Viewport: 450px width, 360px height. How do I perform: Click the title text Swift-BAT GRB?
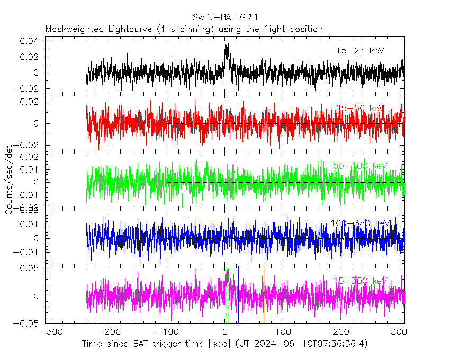coord(225,17)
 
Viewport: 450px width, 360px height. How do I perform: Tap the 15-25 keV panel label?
coord(360,51)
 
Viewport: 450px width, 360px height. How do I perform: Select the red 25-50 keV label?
coord(360,109)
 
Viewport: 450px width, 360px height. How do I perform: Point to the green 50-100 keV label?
coord(360,166)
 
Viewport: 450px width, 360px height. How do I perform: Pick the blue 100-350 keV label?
coord(360,223)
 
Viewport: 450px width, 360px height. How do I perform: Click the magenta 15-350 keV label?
coord(360,281)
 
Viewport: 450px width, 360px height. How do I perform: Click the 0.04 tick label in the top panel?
coord(29,41)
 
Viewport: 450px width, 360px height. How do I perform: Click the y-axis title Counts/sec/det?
coord(9,183)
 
